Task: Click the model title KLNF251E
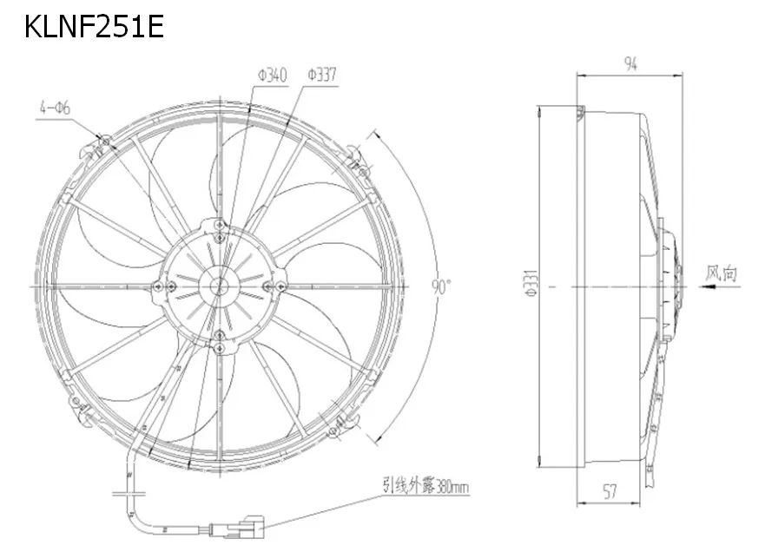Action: (x=94, y=26)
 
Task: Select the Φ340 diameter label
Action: (x=273, y=76)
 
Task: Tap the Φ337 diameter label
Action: (x=322, y=75)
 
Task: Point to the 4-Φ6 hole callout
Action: (x=55, y=108)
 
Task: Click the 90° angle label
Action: (x=441, y=286)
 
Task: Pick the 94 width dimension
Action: (x=630, y=63)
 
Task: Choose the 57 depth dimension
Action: (x=610, y=491)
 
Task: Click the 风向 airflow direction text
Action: (x=721, y=273)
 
